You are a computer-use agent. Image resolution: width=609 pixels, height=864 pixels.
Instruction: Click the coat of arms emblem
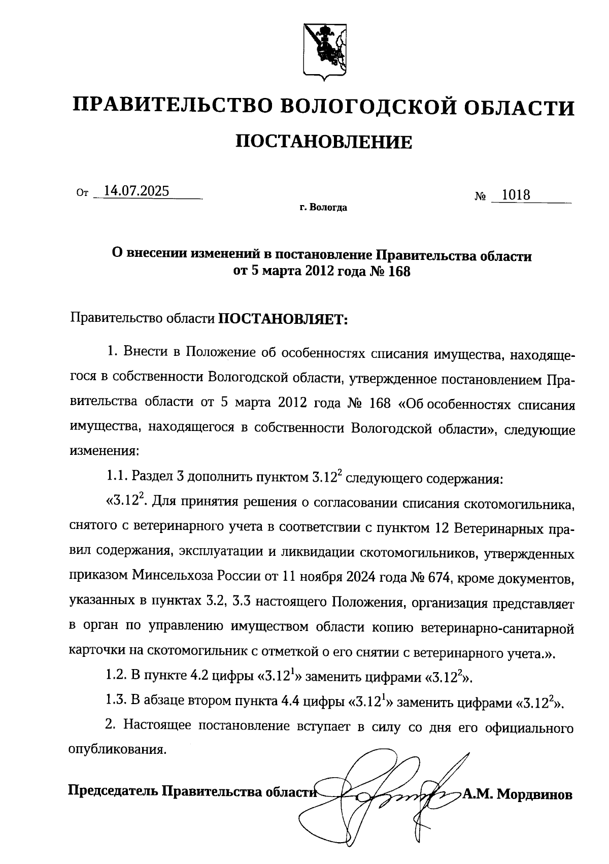324,51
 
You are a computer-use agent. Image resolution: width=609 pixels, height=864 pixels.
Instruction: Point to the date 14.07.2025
136,191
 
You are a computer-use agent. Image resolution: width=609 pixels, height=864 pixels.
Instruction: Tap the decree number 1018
516,195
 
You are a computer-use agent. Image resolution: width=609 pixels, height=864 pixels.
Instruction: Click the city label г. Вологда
323,208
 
